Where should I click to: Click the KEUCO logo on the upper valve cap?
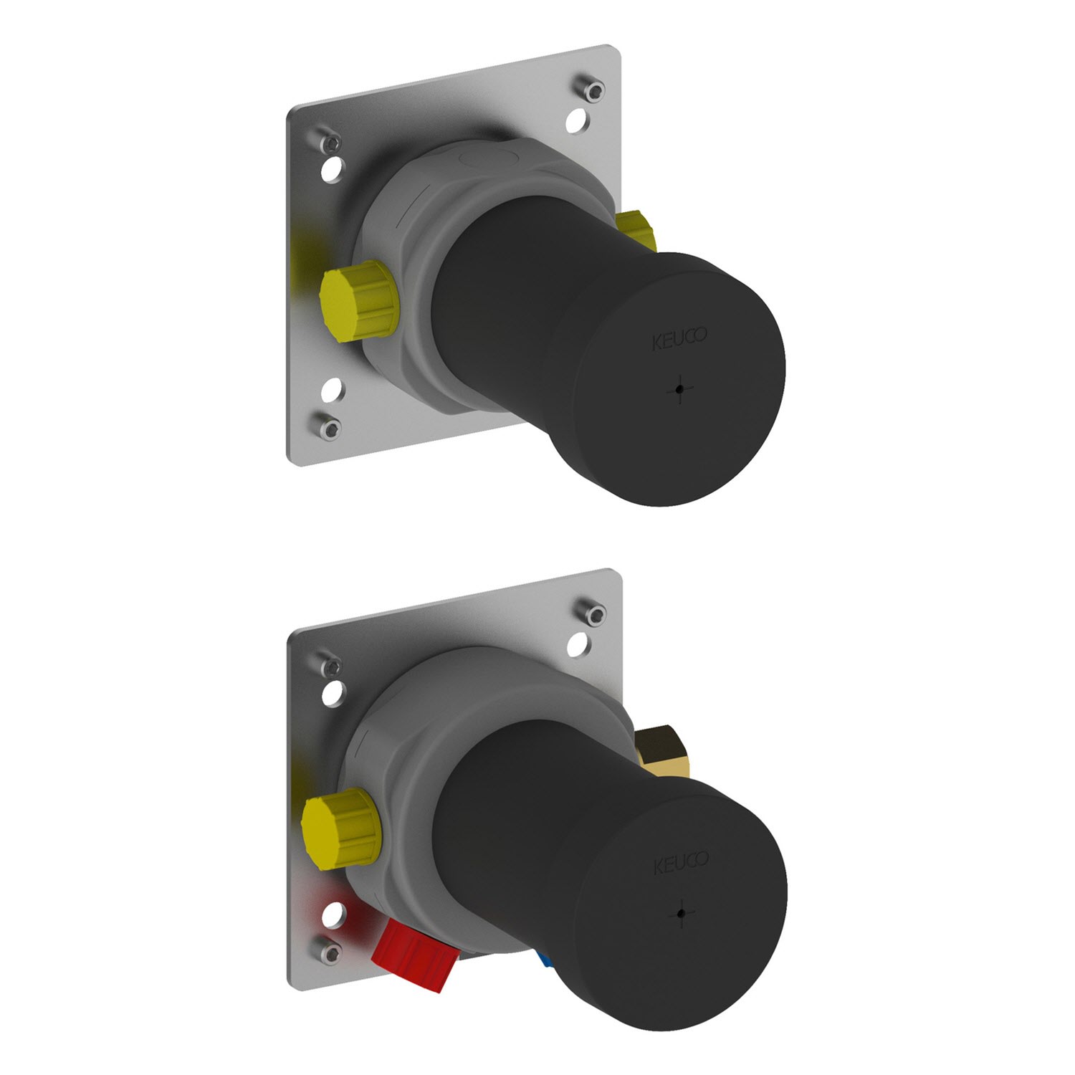[679, 338]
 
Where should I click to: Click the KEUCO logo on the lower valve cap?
[680, 863]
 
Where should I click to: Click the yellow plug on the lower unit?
[340, 824]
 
